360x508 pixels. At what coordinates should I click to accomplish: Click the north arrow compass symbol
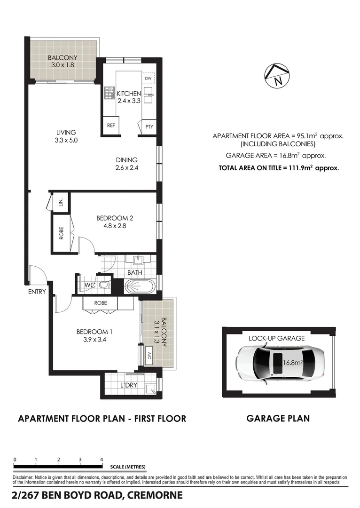276,76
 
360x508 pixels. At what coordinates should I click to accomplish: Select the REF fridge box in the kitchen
111,126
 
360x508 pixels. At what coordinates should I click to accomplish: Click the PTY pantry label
149,127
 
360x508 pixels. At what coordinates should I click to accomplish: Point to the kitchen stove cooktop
110,93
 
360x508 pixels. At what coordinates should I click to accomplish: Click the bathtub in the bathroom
140,286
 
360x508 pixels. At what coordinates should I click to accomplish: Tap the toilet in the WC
105,285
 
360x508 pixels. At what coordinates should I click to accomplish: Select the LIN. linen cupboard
60,202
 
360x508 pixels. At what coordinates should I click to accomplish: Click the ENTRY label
37,292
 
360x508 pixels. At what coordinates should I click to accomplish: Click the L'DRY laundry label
128,386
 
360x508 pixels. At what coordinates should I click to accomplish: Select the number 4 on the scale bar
102,460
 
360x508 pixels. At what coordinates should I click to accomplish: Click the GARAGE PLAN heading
278,418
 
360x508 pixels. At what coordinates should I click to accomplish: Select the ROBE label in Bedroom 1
100,303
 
